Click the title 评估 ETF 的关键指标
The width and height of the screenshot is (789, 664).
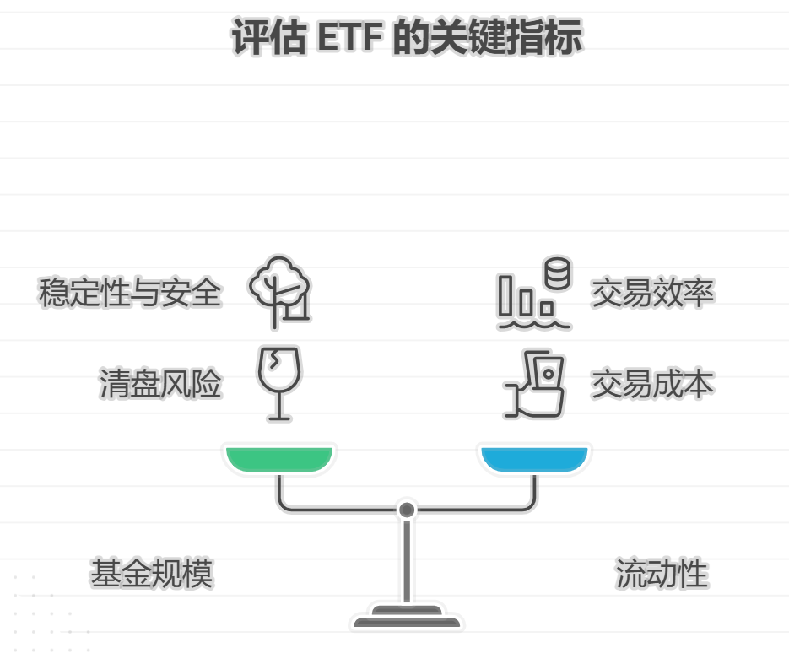pyautogui.click(x=406, y=39)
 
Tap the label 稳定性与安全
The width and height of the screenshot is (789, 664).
pyautogui.click(x=130, y=293)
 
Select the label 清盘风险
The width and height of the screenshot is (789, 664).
pyautogui.click(x=160, y=384)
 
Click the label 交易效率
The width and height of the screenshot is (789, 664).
pyautogui.click(x=652, y=293)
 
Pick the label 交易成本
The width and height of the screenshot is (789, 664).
pyautogui.click(x=652, y=384)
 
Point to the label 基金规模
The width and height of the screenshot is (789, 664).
pyautogui.click(x=152, y=574)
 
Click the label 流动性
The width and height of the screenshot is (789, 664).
pyautogui.click(x=661, y=574)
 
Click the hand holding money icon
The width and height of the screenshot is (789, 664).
pyautogui.click(x=535, y=385)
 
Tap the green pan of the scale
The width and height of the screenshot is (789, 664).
pyautogui.click(x=279, y=458)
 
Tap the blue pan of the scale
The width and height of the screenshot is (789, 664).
pyautogui.click(x=533, y=458)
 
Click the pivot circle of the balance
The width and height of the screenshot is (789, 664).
pyautogui.click(x=407, y=510)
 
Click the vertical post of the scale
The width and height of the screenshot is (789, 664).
pyautogui.click(x=407, y=561)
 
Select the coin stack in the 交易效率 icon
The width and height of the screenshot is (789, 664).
pyautogui.click(x=557, y=273)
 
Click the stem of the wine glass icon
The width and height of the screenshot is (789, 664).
pyautogui.click(x=278, y=403)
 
